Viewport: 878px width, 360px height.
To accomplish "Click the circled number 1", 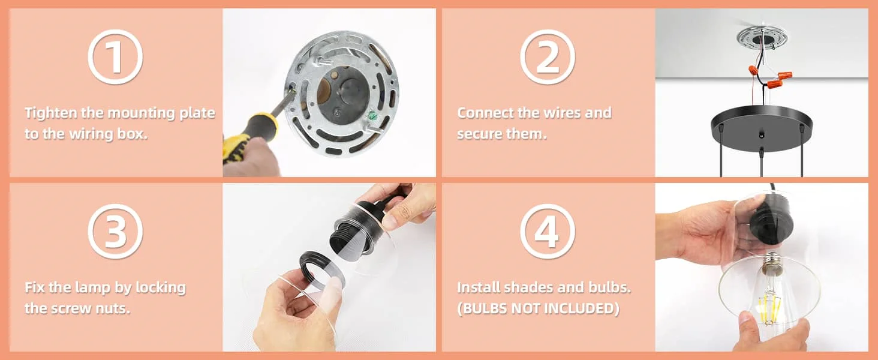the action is [x=115, y=57].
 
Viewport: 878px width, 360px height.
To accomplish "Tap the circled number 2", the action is [x=548, y=57].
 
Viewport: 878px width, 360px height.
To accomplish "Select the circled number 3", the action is [x=115, y=232].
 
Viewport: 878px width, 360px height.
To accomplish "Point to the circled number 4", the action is [x=548, y=232].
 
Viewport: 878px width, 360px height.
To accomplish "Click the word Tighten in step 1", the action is [x=51, y=113].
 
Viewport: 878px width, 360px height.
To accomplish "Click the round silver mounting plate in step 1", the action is [x=342, y=94].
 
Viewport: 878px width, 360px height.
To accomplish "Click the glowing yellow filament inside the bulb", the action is [x=768, y=306].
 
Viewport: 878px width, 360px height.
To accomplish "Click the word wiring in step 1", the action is [x=91, y=134].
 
